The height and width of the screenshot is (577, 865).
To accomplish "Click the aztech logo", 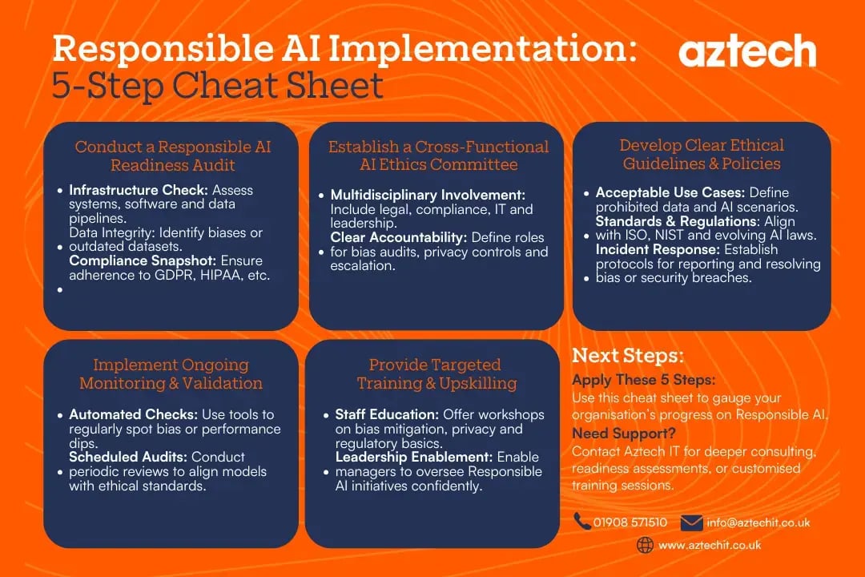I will pyautogui.click(x=747, y=52).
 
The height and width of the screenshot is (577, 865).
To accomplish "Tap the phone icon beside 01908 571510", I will pyautogui.click(x=582, y=522).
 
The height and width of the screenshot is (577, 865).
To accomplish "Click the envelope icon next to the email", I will pyautogui.click(x=691, y=523).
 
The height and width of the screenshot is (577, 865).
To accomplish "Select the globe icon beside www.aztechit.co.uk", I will pyautogui.click(x=645, y=545).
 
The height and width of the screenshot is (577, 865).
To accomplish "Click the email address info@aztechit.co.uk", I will pyautogui.click(x=758, y=523).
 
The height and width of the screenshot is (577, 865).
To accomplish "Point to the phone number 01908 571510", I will pyautogui.click(x=630, y=523).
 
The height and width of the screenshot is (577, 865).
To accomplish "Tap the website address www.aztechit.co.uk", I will pyautogui.click(x=710, y=545).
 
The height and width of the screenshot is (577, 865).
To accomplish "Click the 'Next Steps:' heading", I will pyautogui.click(x=627, y=356).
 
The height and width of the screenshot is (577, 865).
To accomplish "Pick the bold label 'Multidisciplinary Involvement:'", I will pyautogui.click(x=428, y=196).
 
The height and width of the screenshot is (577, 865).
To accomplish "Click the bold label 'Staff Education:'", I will pyautogui.click(x=381, y=415).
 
